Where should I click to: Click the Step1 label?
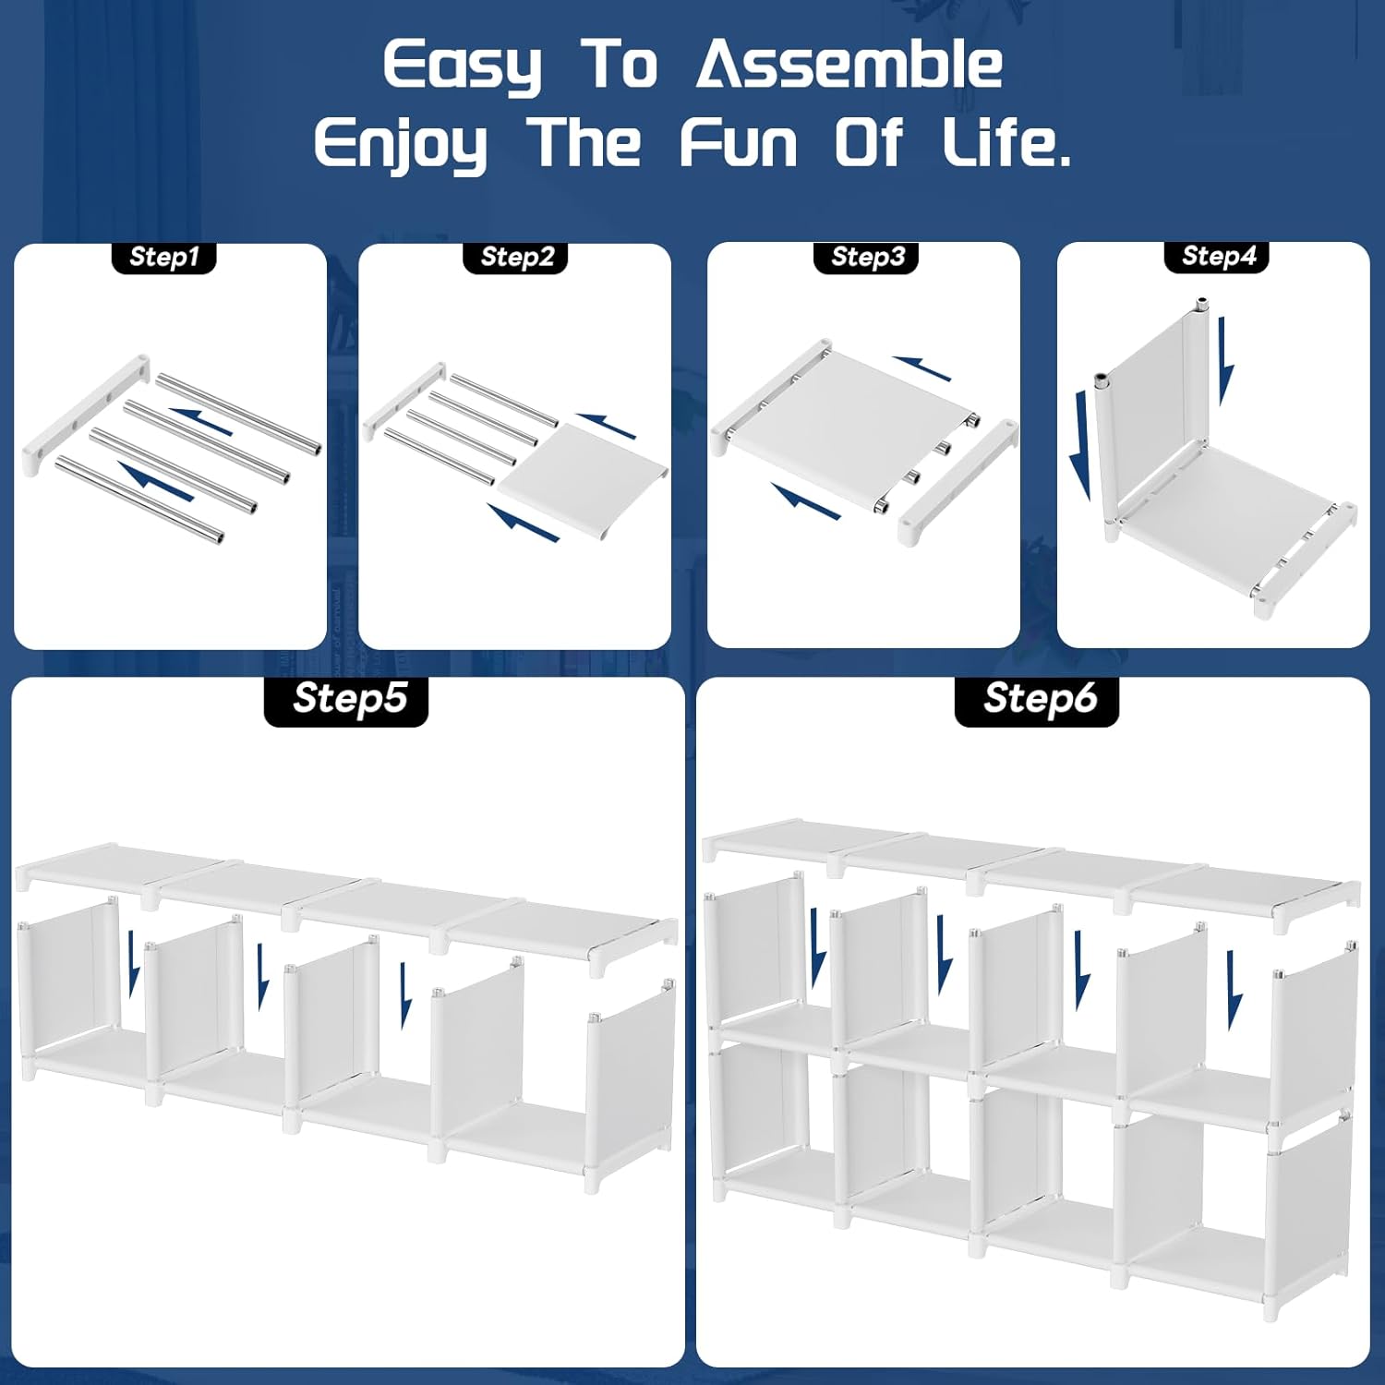click(x=163, y=257)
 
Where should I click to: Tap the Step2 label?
click(x=516, y=257)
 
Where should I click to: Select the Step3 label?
click(x=866, y=257)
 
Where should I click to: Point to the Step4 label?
click(x=1218, y=256)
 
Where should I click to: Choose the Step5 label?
click(x=347, y=700)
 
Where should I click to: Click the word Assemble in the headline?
click(x=849, y=66)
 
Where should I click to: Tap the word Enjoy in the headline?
click(x=401, y=146)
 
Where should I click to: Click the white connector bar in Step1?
click(x=87, y=413)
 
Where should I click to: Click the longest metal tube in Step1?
click(x=238, y=414)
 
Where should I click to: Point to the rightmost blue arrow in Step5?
click(x=404, y=994)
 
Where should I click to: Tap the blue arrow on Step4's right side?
click(x=1225, y=361)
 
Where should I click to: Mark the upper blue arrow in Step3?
click(x=922, y=368)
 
